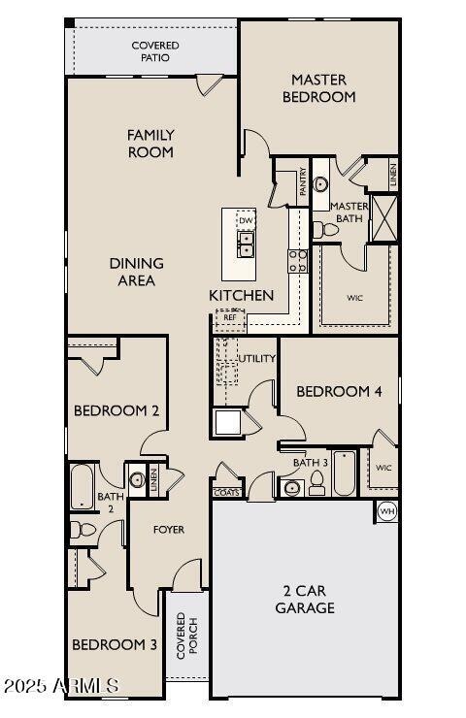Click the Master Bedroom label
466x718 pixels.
coord(318,87)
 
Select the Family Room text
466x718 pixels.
coord(150,143)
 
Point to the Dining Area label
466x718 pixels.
coord(136,272)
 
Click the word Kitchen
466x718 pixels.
coord(241,295)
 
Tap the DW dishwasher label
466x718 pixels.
coord(246,221)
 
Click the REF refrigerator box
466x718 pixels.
coord(230,317)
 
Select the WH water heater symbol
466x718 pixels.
coord(386,511)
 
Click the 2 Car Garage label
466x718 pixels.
coord(309,599)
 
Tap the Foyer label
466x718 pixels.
coord(168,529)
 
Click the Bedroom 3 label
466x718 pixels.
coord(115,644)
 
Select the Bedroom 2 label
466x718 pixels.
coord(116,410)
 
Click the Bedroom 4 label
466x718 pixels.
coord(339,391)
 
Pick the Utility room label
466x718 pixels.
coord(257,358)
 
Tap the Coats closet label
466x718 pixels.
coord(226,492)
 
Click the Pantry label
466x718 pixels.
coord(304,182)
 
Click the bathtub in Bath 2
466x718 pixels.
coord(80,485)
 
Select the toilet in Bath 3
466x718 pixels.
coord(316,486)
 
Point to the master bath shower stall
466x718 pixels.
coord(384,217)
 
